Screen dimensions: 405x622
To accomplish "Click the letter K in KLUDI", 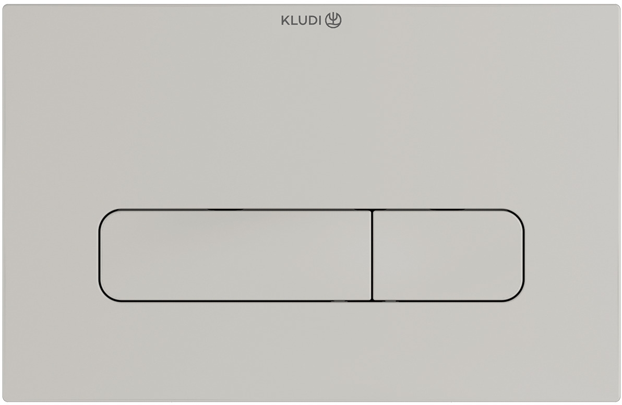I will pyautogui.click(x=285, y=20).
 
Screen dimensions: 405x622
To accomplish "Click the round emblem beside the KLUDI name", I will pyautogui.click(x=333, y=20).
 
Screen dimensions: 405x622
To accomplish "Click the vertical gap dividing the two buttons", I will pyautogui.click(x=372, y=255).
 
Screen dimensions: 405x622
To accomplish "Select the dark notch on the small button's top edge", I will pyautogui.click(x=448, y=210).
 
